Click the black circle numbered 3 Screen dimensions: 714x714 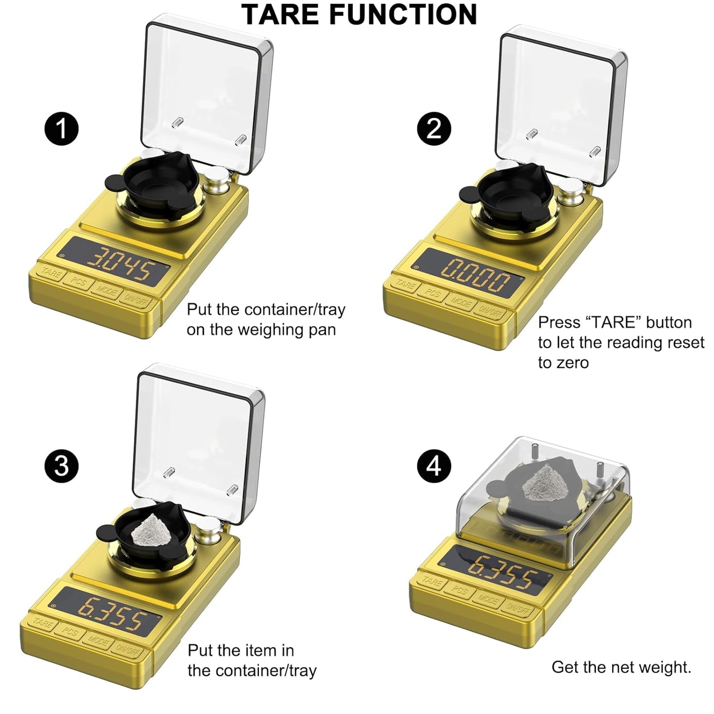61,465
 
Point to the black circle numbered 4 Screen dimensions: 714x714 433,465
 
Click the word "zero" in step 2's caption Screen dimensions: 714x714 563,363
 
